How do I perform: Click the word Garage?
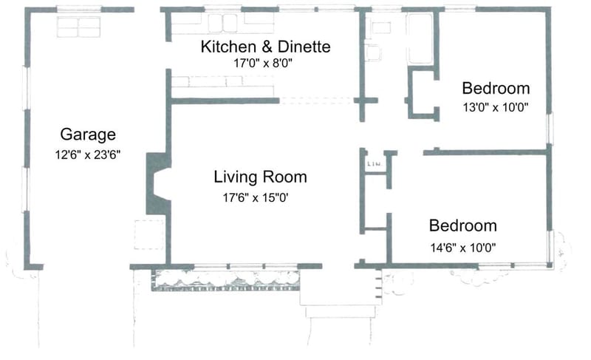(x=88, y=135)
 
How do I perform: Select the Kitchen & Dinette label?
(x=266, y=47)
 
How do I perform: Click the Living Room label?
(x=260, y=177)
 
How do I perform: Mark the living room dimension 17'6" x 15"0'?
(x=260, y=197)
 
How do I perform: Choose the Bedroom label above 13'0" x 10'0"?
(x=496, y=87)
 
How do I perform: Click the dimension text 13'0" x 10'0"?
(x=496, y=107)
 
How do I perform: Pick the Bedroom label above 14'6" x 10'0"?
(x=463, y=225)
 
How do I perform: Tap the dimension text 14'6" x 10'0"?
(x=463, y=248)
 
